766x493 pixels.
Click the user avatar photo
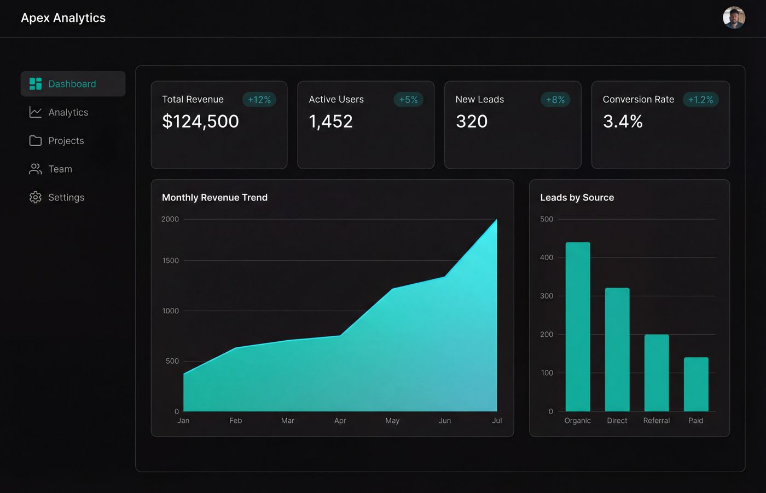click(734, 18)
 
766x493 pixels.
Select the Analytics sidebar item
click(68, 112)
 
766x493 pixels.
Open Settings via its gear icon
click(36, 197)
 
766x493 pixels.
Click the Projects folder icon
click(36, 141)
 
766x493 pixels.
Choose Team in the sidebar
click(60, 169)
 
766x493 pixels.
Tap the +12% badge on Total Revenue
click(259, 100)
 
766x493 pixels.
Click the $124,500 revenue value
click(200, 121)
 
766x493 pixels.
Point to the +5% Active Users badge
click(408, 100)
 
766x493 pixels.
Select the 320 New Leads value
click(472, 121)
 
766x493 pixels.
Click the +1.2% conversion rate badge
click(700, 100)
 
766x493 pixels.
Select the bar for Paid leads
click(696, 384)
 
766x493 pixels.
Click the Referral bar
click(657, 372)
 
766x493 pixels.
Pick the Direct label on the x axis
click(617, 421)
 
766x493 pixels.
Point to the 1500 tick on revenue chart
click(170, 261)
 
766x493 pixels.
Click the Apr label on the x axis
click(340, 421)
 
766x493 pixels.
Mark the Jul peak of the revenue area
click(496, 220)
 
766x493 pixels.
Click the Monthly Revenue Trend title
click(214, 198)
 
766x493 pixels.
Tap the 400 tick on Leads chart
click(547, 257)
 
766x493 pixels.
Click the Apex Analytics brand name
click(63, 18)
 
